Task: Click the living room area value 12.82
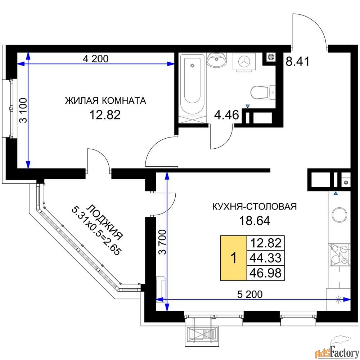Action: pos(105,115)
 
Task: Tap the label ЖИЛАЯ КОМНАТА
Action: pos(105,100)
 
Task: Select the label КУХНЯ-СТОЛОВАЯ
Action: pos(255,207)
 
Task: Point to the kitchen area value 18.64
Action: pos(255,221)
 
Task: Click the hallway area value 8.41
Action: pos(298,61)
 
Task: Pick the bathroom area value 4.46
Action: pos(226,114)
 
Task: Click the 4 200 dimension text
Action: pos(96,59)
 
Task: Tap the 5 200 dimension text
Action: pos(250,294)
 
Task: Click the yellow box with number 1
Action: pos(234,258)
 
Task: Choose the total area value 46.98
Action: pos(265,273)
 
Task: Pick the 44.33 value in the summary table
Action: pos(265,258)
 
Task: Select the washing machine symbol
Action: pos(244,62)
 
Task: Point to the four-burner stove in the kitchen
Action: pos(339,255)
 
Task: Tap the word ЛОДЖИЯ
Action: pos(105,221)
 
